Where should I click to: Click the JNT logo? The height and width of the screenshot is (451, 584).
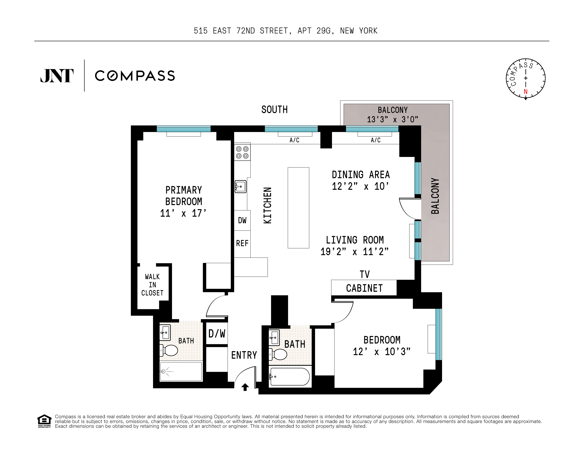coord(57,76)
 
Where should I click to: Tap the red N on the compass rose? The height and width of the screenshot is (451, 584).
coord(525,92)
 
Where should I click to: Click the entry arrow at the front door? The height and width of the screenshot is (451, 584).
coord(245,387)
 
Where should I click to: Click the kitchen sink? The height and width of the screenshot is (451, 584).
coord(240,186)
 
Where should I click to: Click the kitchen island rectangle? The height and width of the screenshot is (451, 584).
coord(298,208)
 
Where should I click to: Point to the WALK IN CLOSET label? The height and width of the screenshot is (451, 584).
coord(152,285)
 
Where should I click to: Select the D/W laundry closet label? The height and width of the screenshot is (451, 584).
coord(217,334)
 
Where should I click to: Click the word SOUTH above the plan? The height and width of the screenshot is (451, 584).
coord(274,110)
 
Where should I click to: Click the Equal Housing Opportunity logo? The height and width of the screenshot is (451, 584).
coord(44,421)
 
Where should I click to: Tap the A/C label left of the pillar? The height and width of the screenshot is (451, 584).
coord(294,140)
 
